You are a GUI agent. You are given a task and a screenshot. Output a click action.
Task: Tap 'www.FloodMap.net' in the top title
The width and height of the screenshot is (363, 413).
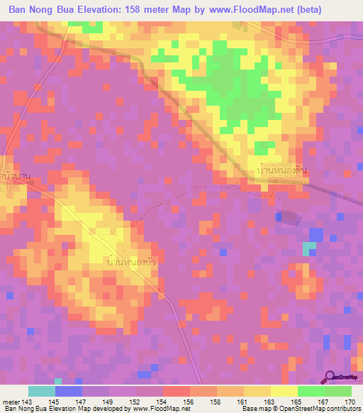(x=240, y=10)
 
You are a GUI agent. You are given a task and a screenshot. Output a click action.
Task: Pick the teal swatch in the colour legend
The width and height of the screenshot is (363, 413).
(x=41, y=392)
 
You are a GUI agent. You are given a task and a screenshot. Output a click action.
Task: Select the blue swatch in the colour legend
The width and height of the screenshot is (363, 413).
(x=68, y=392)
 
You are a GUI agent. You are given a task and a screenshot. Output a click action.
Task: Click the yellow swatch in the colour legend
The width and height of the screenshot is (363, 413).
(x=284, y=392)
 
